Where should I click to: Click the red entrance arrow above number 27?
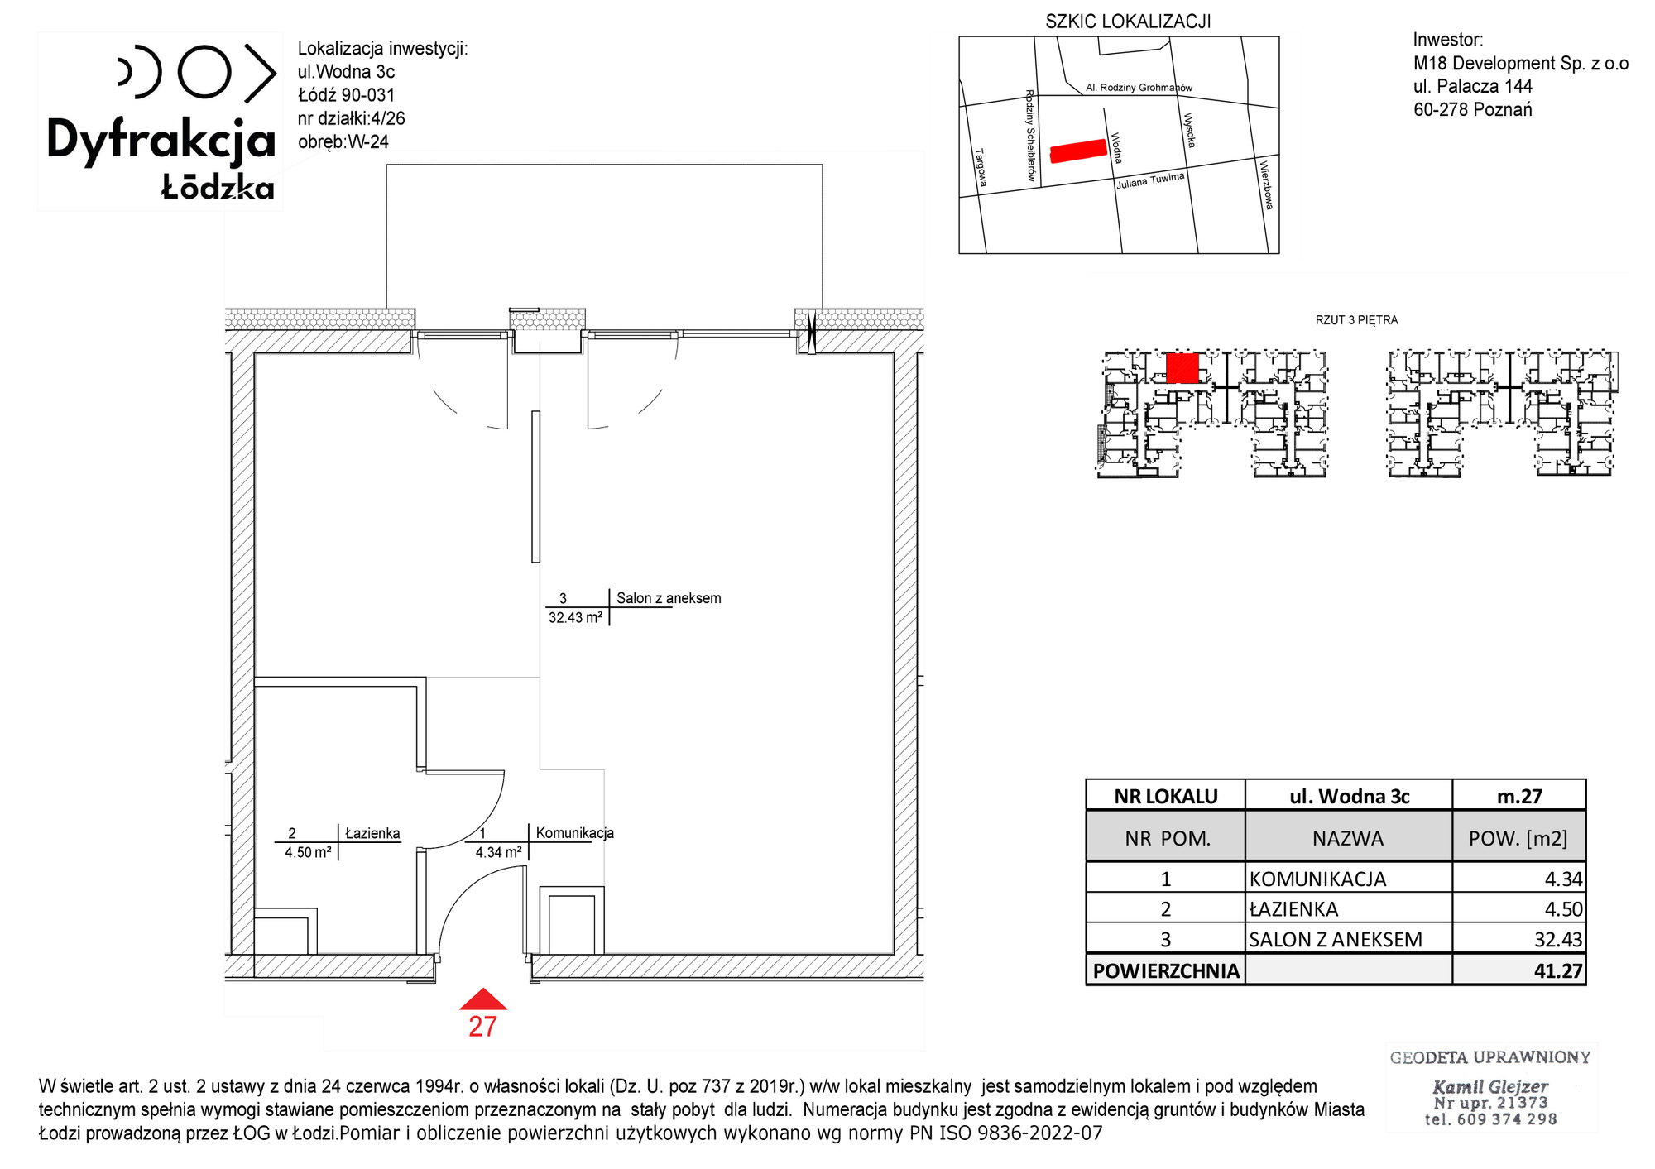click(483, 999)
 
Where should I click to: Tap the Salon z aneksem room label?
click(669, 598)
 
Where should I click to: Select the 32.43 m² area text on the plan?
click(575, 618)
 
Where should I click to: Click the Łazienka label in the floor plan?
click(372, 833)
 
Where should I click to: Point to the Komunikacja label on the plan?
click(575, 833)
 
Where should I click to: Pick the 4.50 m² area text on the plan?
click(308, 852)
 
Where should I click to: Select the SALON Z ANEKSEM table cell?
click(1336, 940)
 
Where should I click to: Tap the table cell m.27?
click(1519, 796)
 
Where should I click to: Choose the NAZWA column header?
click(1348, 839)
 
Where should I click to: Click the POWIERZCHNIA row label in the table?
click(1166, 970)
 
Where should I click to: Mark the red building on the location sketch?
click(1078, 151)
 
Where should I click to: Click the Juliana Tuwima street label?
click(1150, 180)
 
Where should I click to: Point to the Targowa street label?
click(981, 168)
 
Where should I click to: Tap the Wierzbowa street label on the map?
click(1266, 185)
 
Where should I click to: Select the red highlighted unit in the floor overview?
click(1182, 368)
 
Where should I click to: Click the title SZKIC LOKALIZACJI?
click(1128, 22)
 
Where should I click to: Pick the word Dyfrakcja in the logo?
click(161, 141)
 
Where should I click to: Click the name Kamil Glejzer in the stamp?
click(1490, 1086)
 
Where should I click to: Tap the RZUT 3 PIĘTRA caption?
click(1356, 320)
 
